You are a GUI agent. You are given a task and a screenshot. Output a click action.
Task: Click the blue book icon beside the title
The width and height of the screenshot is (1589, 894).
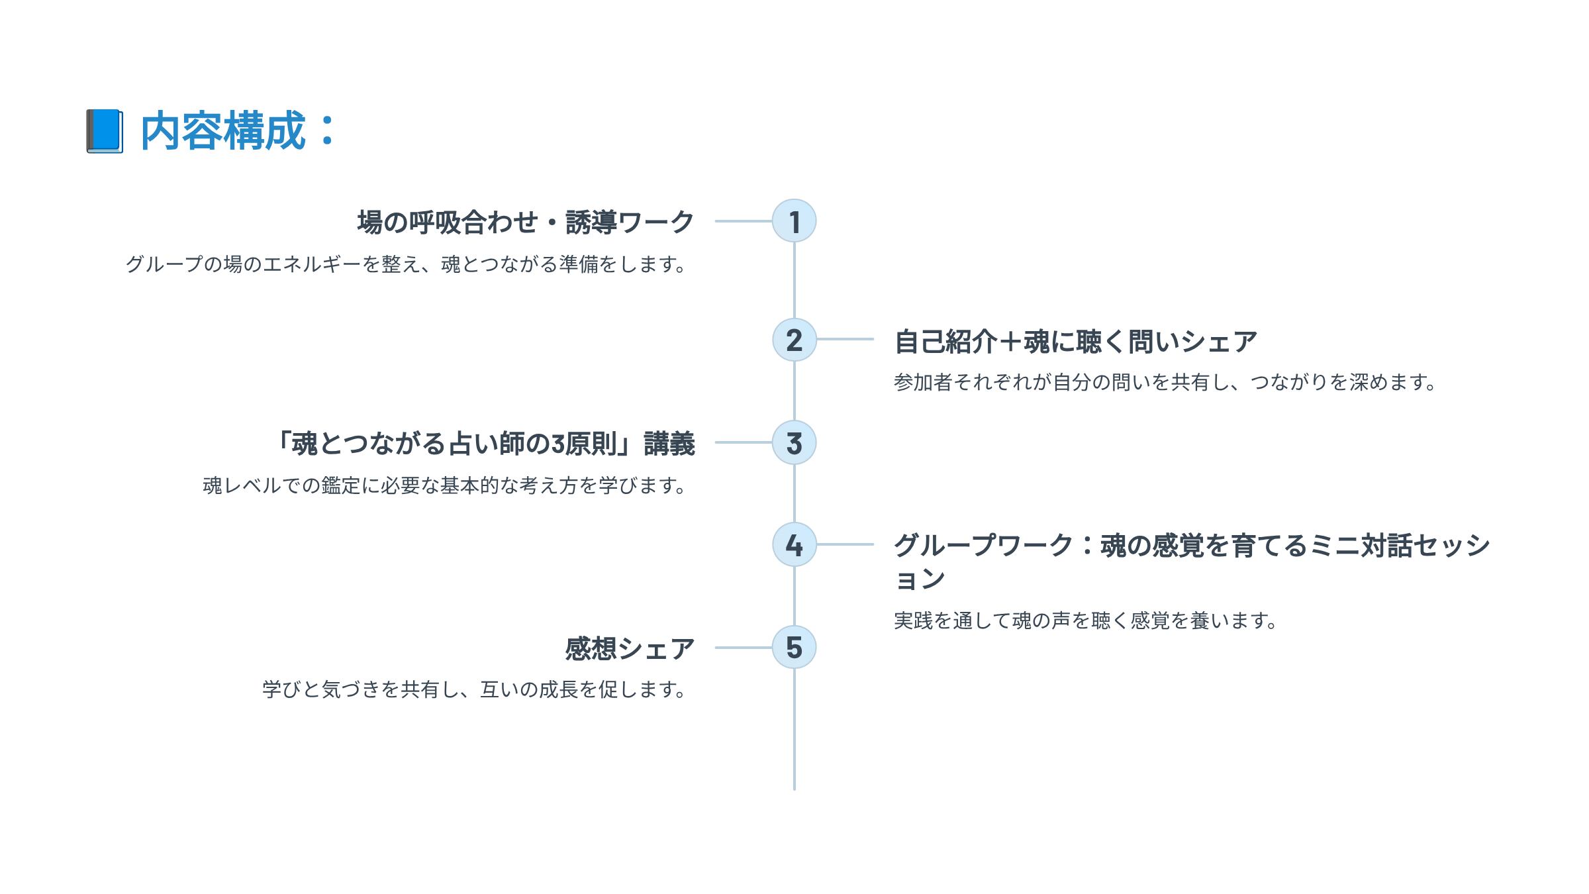(x=105, y=131)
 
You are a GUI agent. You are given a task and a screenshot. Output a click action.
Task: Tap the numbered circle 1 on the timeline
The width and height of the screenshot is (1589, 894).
(x=794, y=221)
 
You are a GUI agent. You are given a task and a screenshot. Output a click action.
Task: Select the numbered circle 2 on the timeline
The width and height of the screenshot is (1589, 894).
(x=794, y=340)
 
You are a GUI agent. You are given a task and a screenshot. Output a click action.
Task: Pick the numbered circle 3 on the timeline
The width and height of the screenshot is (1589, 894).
(x=794, y=442)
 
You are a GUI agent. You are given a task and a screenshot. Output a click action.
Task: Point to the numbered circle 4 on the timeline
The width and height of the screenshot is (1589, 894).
(x=794, y=544)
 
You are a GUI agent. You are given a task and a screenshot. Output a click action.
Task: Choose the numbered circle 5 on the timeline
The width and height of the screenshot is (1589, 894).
(x=794, y=647)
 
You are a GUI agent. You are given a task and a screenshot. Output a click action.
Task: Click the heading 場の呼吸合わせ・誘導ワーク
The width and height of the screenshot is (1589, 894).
(x=526, y=222)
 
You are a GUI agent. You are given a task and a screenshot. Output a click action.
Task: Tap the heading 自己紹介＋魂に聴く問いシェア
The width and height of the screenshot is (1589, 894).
(x=1075, y=342)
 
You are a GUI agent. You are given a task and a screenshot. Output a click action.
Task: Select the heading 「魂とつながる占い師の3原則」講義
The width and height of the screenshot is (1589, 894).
(x=485, y=444)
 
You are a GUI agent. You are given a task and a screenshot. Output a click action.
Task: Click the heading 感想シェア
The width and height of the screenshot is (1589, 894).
(x=630, y=648)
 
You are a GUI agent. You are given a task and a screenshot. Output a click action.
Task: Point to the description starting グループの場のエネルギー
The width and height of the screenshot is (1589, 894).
(x=405, y=264)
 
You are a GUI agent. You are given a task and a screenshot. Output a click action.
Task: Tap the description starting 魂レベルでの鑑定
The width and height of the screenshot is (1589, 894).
(x=444, y=485)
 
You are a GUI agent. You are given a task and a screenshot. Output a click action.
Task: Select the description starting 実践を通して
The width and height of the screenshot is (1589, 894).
(x=1084, y=621)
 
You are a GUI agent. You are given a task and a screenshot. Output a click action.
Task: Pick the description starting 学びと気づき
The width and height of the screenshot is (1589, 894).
(x=473, y=689)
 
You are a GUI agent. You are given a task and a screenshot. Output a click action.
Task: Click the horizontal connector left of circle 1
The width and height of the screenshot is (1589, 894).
(x=743, y=221)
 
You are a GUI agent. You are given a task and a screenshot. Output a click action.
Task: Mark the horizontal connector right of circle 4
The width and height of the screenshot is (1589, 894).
(x=845, y=544)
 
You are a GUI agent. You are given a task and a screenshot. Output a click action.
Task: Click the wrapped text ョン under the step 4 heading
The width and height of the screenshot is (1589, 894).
(x=920, y=579)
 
